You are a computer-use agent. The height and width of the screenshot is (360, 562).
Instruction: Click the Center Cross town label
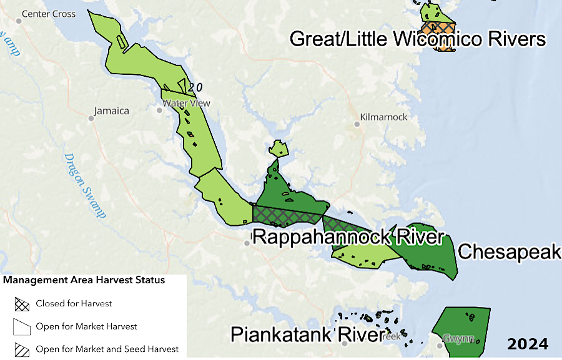(48, 14)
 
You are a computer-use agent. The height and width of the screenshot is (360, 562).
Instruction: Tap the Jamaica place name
(111, 111)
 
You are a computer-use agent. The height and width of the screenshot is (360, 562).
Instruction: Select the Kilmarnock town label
(383, 117)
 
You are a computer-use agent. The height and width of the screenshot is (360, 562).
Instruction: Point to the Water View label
(186, 103)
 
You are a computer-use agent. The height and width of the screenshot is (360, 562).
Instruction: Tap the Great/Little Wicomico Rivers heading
(418, 39)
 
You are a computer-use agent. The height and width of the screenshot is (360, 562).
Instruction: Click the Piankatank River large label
(306, 334)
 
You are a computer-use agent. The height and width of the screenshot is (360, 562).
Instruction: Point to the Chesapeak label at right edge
(509, 251)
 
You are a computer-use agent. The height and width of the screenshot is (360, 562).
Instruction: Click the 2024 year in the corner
(527, 344)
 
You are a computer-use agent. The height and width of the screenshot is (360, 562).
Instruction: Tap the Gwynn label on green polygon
(458, 339)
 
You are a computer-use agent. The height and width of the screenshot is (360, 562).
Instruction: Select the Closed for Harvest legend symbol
(22, 304)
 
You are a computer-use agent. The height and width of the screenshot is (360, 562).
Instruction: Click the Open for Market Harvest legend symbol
(22, 326)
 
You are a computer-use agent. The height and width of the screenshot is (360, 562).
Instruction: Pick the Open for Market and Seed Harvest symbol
(22, 349)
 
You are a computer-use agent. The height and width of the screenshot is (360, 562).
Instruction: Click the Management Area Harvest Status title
(84, 280)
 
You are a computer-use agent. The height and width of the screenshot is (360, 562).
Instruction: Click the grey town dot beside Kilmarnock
(357, 124)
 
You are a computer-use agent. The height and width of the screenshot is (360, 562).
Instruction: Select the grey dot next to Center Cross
(19, 21)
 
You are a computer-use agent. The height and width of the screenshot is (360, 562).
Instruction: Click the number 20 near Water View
(195, 88)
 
